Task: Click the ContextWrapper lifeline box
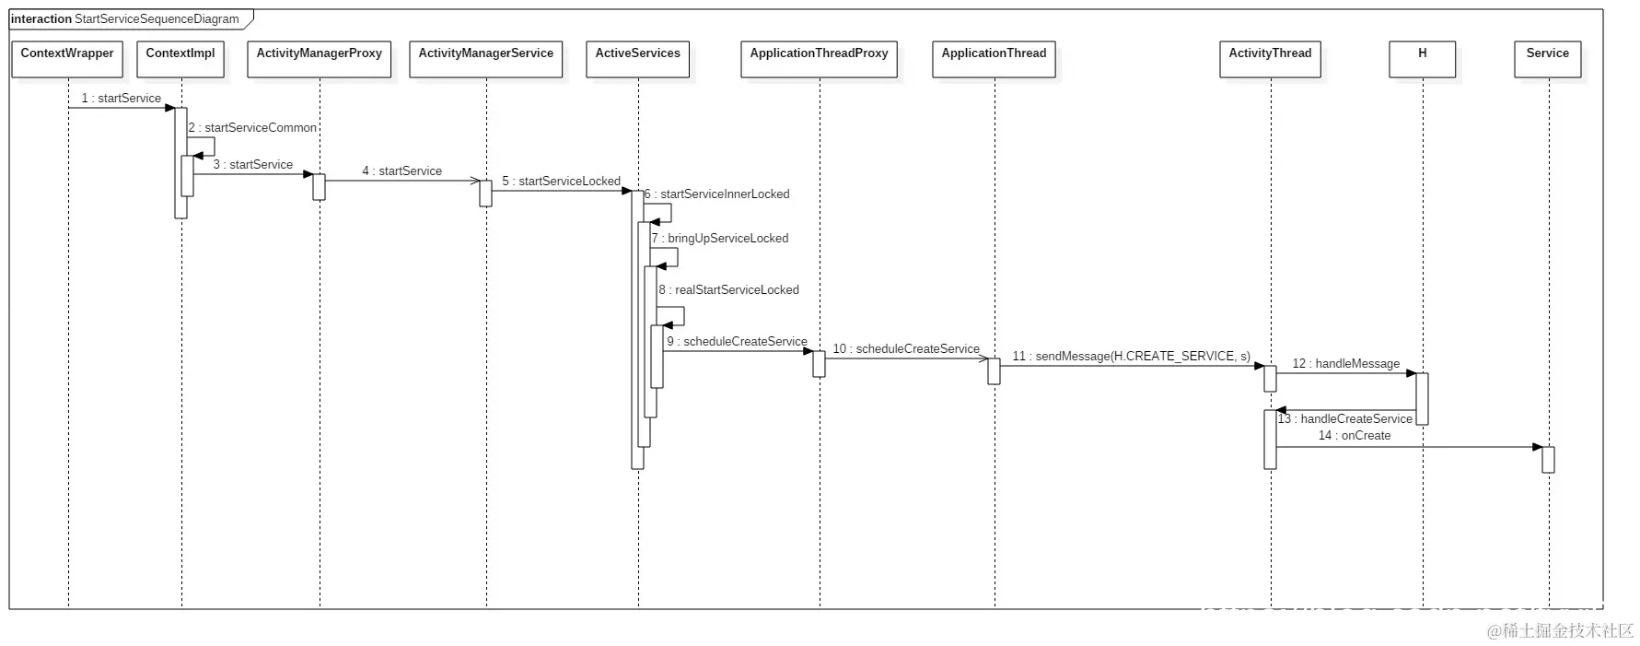click(67, 59)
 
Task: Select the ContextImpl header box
click(180, 59)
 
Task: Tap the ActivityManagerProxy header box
click(320, 59)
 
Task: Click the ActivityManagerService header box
click(486, 59)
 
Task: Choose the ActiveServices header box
click(637, 59)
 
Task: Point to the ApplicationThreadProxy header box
click(819, 59)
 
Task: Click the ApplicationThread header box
click(994, 59)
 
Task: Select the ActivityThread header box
click(1270, 59)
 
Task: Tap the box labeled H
click(1422, 59)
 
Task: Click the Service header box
click(1547, 59)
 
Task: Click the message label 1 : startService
click(122, 98)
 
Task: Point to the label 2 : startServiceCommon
click(252, 128)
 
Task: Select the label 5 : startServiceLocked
click(562, 182)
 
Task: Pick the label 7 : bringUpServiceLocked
click(720, 239)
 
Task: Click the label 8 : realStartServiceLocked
click(729, 290)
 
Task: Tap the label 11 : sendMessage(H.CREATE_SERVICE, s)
click(1131, 357)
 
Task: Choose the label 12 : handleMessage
click(1345, 364)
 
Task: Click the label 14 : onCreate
click(1354, 436)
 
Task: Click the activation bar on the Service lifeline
click(1548, 460)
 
